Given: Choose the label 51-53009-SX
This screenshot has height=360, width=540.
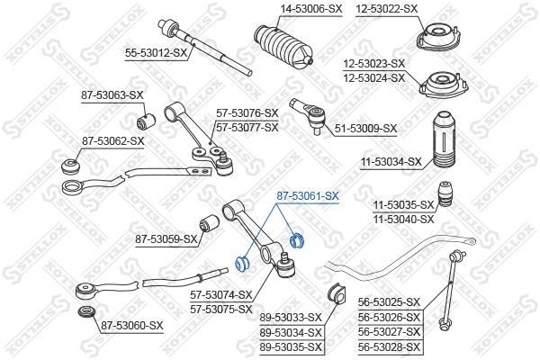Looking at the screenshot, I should [365, 129].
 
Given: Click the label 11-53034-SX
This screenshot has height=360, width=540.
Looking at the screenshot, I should [391, 162].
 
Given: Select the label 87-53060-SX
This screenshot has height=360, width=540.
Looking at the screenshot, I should [132, 325].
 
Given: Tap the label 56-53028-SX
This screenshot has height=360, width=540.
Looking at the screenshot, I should [391, 346].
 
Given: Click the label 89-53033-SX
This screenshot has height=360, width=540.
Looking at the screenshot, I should [291, 318].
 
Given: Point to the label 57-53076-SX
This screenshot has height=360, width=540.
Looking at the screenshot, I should [247, 113].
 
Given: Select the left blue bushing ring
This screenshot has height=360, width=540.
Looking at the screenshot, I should [241, 264].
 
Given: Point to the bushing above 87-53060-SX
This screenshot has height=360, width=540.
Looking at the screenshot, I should [87, 312].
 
